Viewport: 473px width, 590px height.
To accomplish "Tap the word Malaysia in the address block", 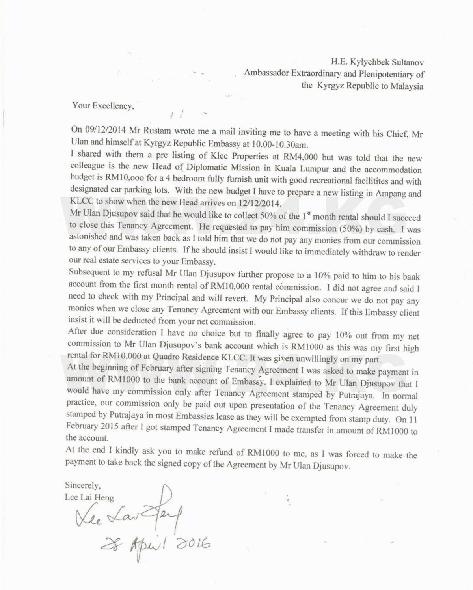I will [x=407, y=86].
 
